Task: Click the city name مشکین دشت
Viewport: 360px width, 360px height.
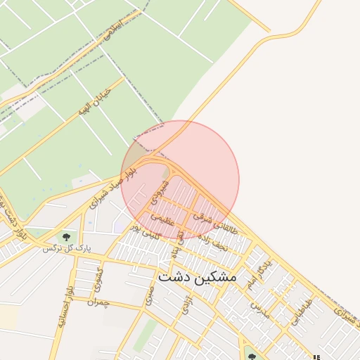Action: pyautogui.click(x=198, y=277)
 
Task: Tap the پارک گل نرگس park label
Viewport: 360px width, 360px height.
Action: pyautogui.click(x=67, y=248)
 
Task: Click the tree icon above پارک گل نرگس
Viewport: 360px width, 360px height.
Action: pyautogui.click(x=66, y=236)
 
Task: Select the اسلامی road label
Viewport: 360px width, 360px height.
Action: pyautogui.click(x=112, y=30)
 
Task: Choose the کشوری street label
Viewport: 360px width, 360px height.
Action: pyautogui.click(x=98, y=280)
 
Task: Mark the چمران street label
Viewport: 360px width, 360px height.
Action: pyautogui.click(x=98, y=301)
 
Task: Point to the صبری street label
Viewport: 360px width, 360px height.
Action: pyautogui.click(x=149, y=295)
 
